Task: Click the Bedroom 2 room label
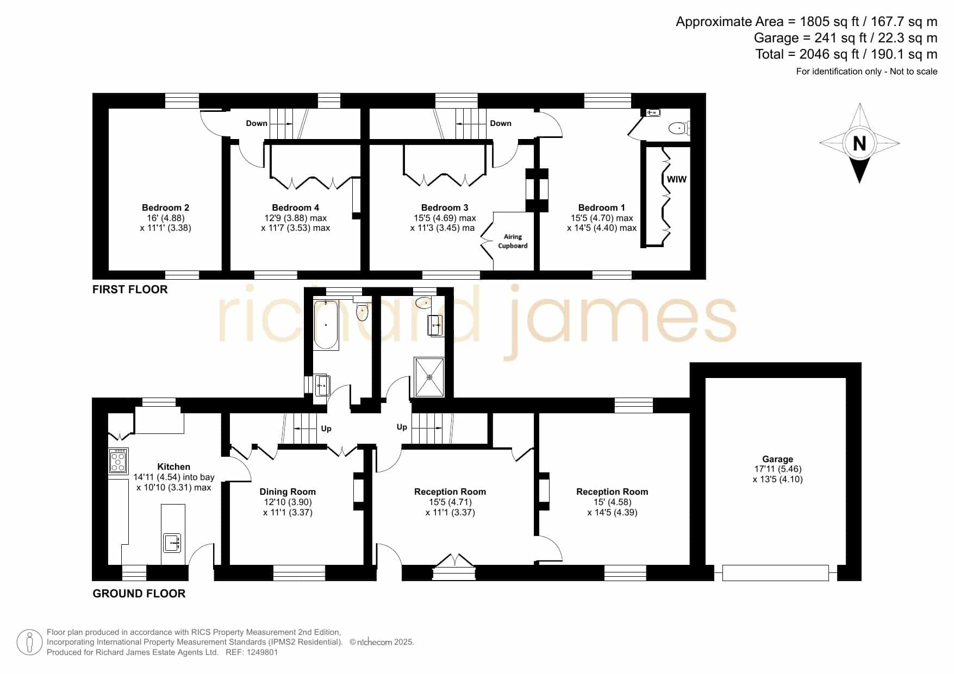click(165, 207)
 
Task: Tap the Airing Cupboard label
click(513, 241)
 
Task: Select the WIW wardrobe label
click(677, 179)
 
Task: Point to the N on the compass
click(859, 143)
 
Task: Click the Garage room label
click(777, 459)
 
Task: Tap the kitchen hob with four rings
click(119, 461)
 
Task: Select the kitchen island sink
click(172, 543)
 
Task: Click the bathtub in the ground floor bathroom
click(326, 324)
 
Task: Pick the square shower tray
click(429, 376)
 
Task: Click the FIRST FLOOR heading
click(130, 289)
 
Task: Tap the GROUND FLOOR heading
click(139, 594)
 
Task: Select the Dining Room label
click(288, 492)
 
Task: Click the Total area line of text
click(846, 54)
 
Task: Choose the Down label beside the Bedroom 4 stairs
click(257, 123)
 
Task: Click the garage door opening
click(776, 573)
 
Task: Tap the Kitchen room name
click(174, 467)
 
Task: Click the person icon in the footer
click(29, 642)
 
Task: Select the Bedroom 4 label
click(296, 207)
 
